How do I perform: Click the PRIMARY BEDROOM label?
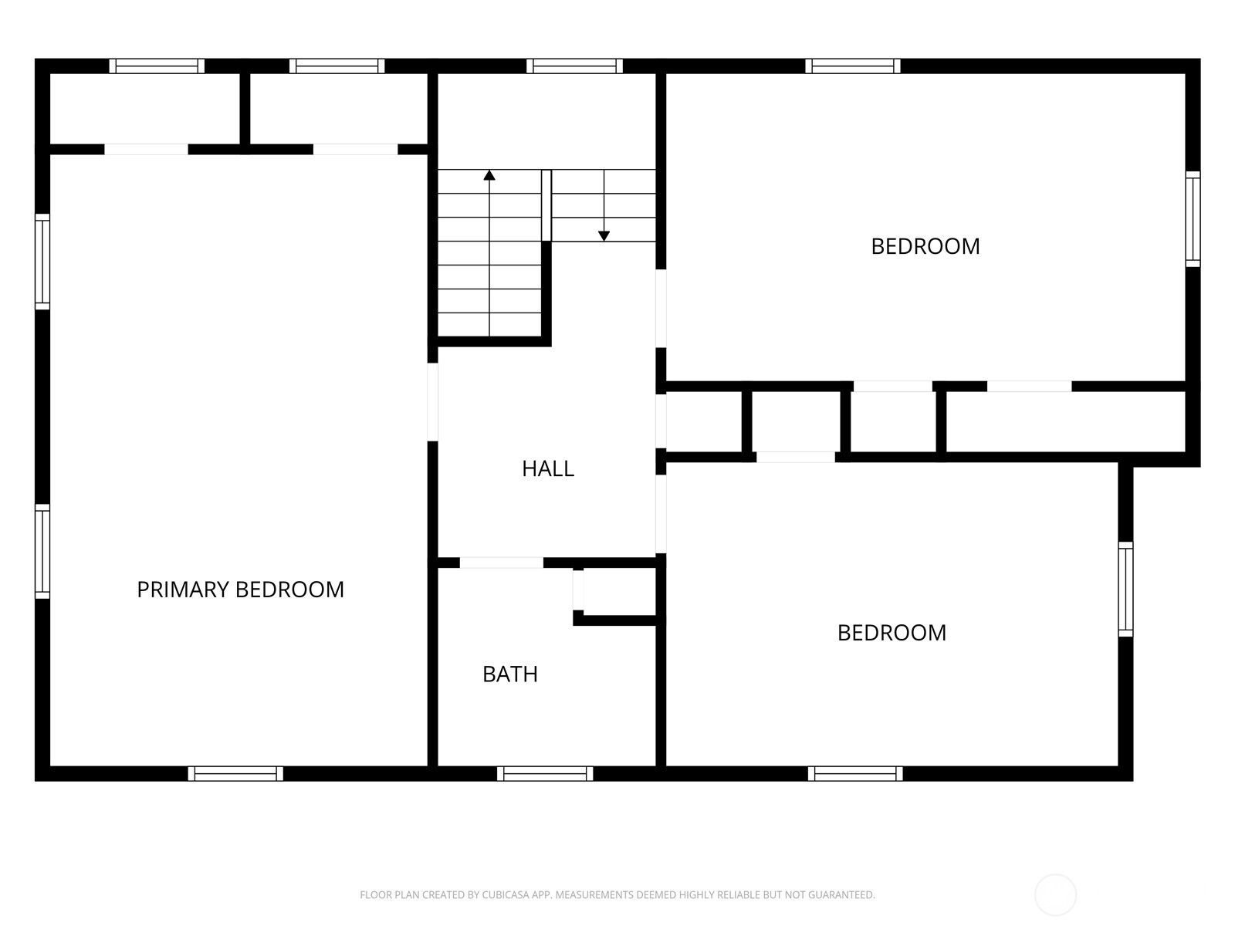[240, 590]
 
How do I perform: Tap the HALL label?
[548, 468]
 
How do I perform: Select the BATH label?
[510, 674]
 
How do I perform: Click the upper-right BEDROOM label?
[925, 246]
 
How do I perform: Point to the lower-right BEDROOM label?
[892, 633]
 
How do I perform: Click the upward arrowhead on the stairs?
[489, 176]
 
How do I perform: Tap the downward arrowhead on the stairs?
[604, 236]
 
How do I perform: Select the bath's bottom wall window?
[545, 773]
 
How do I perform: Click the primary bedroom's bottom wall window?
[235, 773]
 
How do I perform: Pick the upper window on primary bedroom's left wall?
[42, 262]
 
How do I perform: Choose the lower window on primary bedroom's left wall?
[42, 551]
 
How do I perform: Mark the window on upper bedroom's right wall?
[1193, 219]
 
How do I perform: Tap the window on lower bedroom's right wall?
[1125, 590]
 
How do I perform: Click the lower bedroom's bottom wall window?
[855, 773]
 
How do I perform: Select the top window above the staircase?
[574, 66]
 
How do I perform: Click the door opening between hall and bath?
[502, 563]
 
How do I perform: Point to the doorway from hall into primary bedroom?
[433, 402]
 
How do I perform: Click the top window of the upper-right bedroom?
[853, 66]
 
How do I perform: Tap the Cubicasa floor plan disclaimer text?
[617, 895]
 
